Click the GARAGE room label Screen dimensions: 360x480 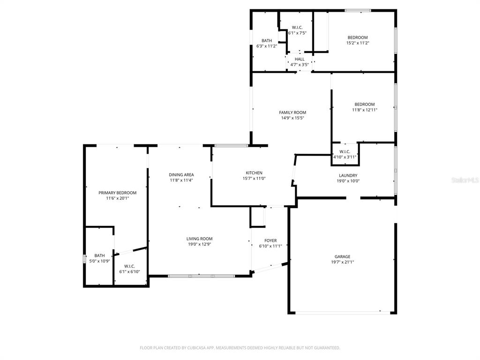click(342, 256)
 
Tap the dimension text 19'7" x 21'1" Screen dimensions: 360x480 click(342, 262)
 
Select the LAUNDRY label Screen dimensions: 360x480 click(348, 175)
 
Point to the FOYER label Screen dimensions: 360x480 click(270, 240)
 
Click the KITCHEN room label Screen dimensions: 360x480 click(254, 172)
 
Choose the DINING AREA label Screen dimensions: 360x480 click(181, 175)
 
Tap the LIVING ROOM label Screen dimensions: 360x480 click(200, 239)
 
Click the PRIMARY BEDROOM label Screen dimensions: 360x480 click(117, 193)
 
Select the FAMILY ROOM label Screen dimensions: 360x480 click(292, 112)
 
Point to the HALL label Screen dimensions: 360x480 click(300, 59)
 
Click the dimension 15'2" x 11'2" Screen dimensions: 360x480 click(357, 43)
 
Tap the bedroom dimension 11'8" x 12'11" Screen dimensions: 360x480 click(364, 110)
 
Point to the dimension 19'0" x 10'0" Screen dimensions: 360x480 click(348, 181)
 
